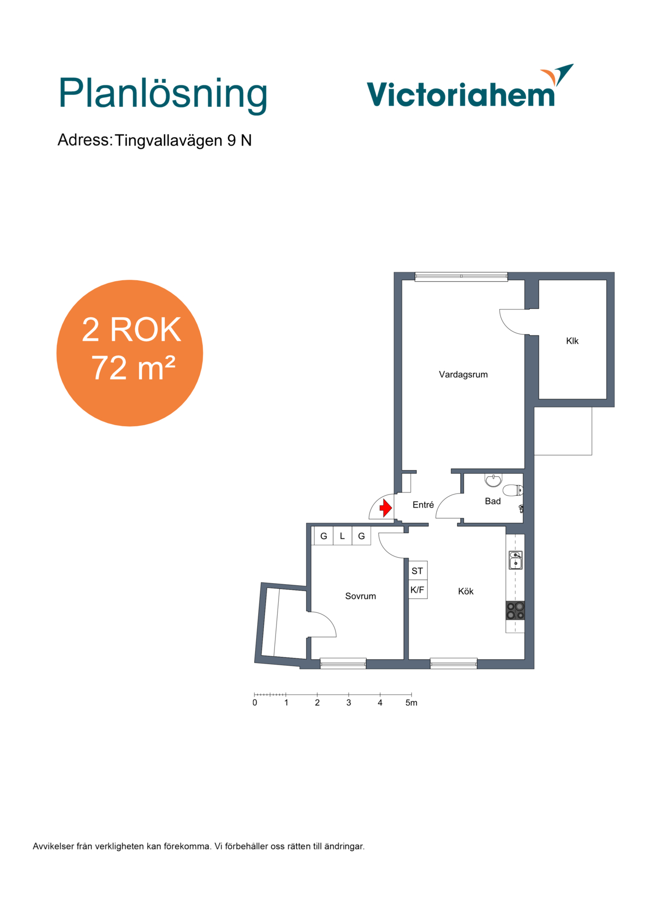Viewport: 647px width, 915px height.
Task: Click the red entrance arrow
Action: (386, 508)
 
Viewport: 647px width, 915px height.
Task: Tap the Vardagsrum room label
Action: (463, 375)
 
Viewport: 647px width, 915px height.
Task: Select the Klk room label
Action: (572, 341)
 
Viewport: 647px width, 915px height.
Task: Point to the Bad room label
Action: (493, 501)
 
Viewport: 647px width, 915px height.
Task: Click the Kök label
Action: (466, 591)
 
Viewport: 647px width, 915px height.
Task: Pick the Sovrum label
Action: (361, 596)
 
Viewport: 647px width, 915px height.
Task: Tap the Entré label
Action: (423, 504)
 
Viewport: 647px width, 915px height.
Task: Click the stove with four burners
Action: (515, 611)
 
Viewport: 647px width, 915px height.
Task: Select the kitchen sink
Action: (516, 560)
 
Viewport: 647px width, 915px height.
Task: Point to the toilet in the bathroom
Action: (512, 490)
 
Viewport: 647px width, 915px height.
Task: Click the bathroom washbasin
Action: (493, 479)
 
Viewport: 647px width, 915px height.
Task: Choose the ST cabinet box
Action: (418, 571)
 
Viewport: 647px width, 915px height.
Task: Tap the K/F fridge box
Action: (418, 589)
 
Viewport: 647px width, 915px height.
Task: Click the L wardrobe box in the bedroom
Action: (342, 536)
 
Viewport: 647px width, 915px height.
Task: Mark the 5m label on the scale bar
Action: (411, 703)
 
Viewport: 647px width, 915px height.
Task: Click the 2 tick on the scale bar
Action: (317, 695)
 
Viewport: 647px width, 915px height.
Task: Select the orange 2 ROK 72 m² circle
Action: (130, 353)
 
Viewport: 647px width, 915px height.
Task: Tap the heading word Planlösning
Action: (163, 94)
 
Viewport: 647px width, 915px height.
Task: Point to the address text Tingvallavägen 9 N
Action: (183, 140)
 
